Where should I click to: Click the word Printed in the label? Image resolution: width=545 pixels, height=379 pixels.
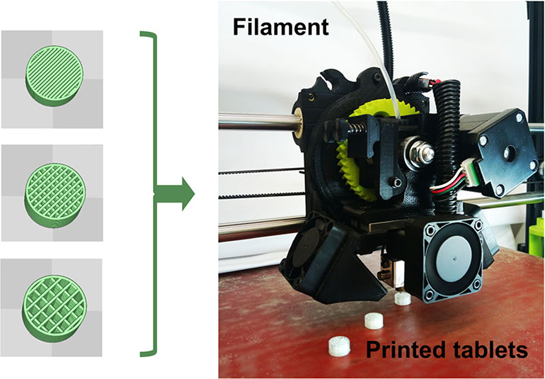tap(402, 349)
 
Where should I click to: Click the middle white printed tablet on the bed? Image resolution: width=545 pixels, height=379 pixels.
tap(374, 321)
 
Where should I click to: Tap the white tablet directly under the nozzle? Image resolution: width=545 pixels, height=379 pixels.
tap(402, 300)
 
